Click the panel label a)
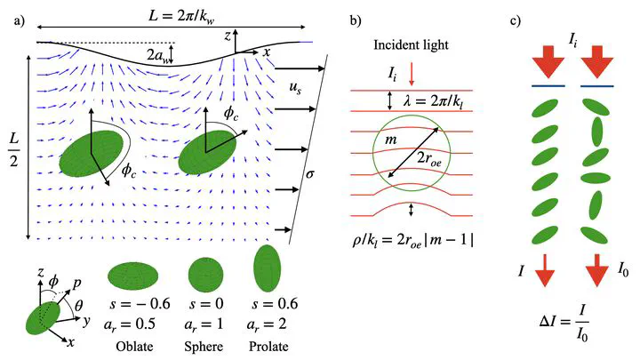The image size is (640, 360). (20, 21)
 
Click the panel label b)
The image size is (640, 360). (356, 21)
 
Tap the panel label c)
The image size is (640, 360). (516, 21)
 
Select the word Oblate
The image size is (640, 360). (134, 347)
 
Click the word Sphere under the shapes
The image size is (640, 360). (204, 347)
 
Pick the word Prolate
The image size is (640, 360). (268, 347)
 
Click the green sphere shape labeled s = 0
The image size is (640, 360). (206, 275)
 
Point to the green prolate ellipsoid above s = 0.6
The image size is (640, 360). (268, 268)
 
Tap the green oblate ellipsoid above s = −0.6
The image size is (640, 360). (133, 276)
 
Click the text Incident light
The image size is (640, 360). (411, 45)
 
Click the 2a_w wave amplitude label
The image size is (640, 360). (158, 55)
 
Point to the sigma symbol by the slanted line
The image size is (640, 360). (310, 174)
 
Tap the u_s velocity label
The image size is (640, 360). (295, 88)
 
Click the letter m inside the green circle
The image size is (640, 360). (391, 140)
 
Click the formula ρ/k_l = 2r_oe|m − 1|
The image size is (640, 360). (413, 241)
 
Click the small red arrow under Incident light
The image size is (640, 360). (412, 74)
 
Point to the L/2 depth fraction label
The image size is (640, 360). (14, 150)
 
